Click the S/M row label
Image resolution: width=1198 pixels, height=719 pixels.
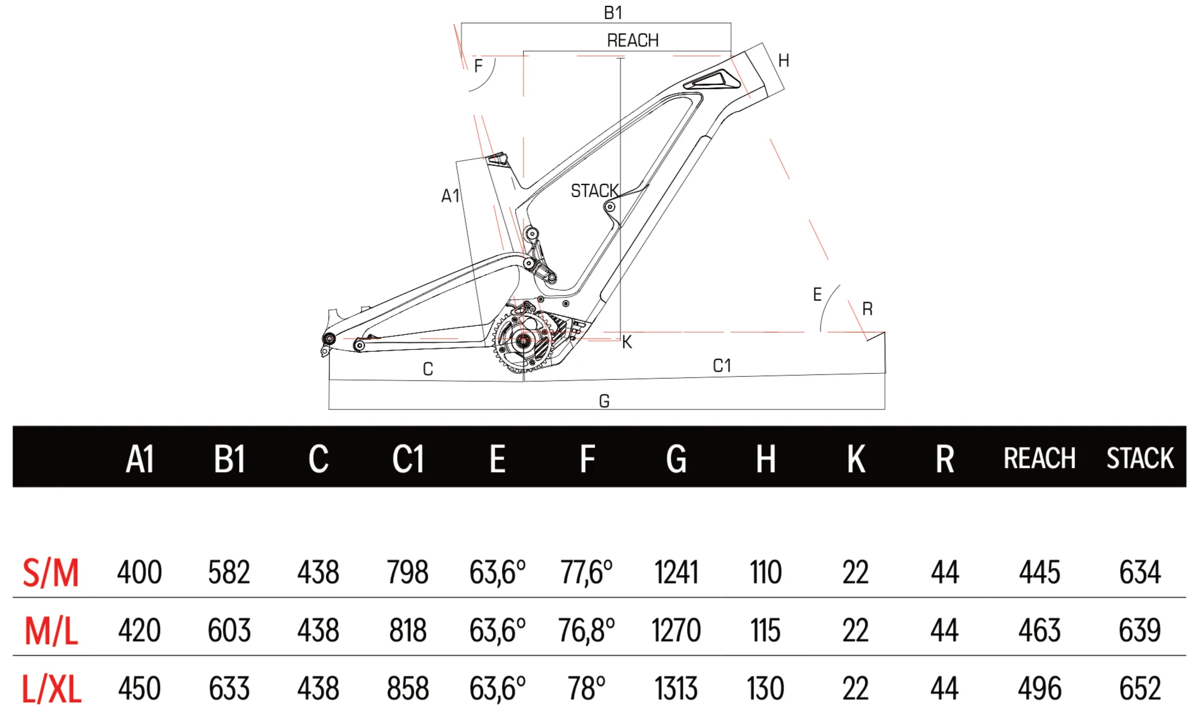pyautogui.click(x=51, y=572)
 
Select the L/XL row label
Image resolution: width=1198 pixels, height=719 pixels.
pyautogui.click(x=52, y=689)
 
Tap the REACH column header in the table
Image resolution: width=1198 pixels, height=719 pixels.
pyautogui.click(x=1039, y=458)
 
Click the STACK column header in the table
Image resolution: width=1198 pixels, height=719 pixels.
pyautogui.click(x=1140, y=458)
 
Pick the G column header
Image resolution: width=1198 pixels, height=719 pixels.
pyautogui.click(x=676, y=460)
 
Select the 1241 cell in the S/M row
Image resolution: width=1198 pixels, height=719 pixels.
pyautogui.click(x=676, y=572)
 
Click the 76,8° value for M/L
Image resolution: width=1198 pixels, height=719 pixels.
pyautogui.click(x=586, y=630)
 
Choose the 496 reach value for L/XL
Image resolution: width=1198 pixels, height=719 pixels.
pyautogui.click(x=1039, y=688)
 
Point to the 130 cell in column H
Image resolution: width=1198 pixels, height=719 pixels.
pyautogui.click(x=766, y=688)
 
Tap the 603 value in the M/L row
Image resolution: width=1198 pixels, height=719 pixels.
pyautogui.click(x=229, y=630)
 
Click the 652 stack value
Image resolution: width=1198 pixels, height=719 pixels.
pyautogui.click(x=1140, y=688)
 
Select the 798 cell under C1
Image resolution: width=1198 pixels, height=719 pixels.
pyautogui.click(x=407, y=572)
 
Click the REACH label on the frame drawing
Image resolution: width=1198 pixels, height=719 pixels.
pyautogui.click(x=633, y=40)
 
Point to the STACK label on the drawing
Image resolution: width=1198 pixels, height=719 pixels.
pyautogui.click(x=594, y=191)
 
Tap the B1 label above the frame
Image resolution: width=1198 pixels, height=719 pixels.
pyautogui.click(x=613, y=13)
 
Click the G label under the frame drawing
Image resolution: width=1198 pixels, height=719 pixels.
pyautogui.click(x=604, y=401)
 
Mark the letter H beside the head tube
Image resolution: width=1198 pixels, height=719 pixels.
pyautogui.click(x=783, y=61)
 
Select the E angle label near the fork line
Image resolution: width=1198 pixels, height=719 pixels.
pyautogui.click(x=817, y=294)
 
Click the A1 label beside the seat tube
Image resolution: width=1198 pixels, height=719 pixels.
pyautogui.click(x=450, y=196)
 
